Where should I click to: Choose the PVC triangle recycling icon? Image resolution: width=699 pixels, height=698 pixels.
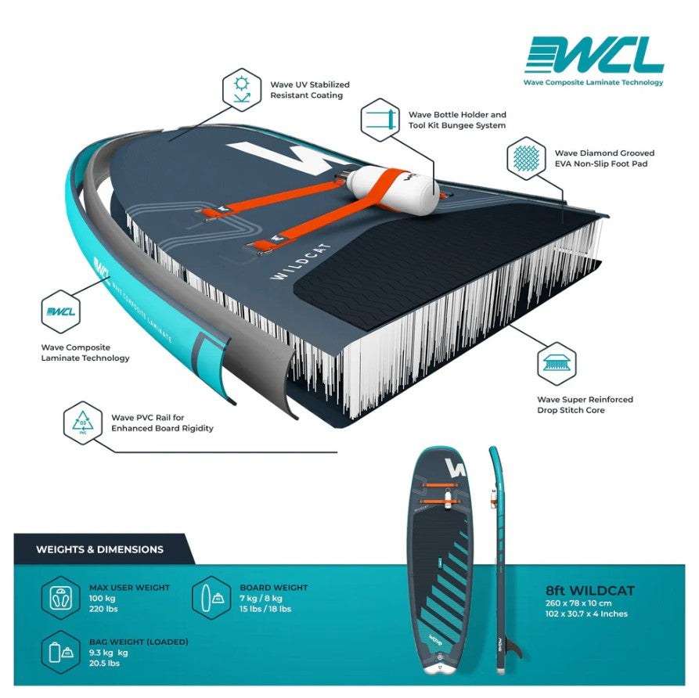82,423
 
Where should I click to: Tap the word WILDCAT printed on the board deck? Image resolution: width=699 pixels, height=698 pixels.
301,261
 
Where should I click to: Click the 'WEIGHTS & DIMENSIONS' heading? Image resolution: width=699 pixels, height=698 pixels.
99,549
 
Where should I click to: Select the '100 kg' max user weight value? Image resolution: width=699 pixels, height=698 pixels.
100,598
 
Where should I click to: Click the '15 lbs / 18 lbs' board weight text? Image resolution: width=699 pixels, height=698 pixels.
265,609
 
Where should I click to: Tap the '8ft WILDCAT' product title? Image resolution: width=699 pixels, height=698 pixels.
589,591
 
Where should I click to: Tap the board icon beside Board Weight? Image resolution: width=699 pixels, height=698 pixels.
211,598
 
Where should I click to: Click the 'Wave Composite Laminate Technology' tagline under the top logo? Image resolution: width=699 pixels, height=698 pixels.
593,82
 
